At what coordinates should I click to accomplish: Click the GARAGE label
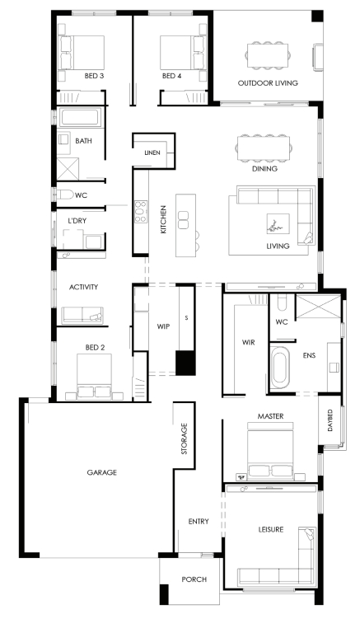[x=102, y=472]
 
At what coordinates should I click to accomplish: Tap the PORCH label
[x=194, y=579]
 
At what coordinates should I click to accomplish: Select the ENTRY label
[x=199, y=522]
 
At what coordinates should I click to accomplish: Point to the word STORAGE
[x=184, y=438]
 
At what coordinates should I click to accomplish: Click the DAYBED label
[x=330, y=420]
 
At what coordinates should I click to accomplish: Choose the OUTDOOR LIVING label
[x=268, y=83]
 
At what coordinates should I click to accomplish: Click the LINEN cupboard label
[x=152, y=152]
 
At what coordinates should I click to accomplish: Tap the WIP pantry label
[x=163, y=326]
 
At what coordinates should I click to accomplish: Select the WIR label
[x=248, y=342]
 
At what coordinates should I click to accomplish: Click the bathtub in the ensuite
[x=279, y=367]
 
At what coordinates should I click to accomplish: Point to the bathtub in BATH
[x=79, y=118]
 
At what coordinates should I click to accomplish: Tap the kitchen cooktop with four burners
[x=141, y=212]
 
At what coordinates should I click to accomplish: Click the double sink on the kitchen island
[x=183, y=220]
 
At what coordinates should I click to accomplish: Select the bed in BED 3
[x=82, y=54]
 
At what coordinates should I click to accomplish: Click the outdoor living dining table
[x=268, y=55]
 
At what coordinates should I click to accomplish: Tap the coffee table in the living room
[x=278, y=224]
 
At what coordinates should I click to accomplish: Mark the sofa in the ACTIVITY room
[x=82, y=316]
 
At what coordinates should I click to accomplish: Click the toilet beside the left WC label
[x=66, y=195]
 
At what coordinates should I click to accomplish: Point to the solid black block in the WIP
[x=185, y=363]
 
